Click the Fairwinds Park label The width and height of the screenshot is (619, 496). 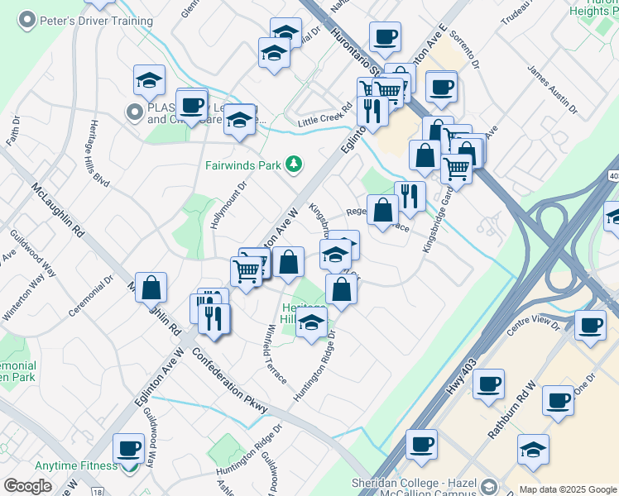[244, 165]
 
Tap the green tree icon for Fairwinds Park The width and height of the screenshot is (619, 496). [293, 165]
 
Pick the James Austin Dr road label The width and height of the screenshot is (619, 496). [552, 90]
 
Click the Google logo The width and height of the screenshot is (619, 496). [27, 485]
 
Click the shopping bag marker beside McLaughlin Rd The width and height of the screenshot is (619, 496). [151, 287]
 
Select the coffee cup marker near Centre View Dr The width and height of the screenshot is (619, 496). [589, 324]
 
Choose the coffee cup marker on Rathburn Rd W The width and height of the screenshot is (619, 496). [558, 400]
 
